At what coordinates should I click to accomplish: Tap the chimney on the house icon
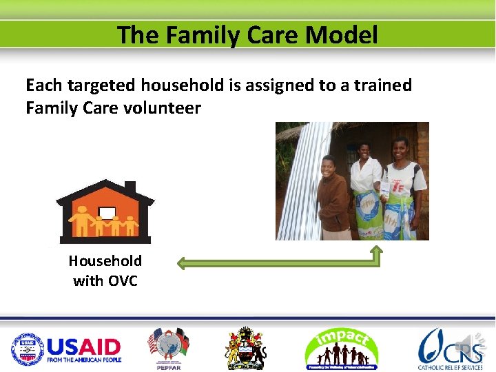tap(130, 188)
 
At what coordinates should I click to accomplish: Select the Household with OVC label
tap(105, 271)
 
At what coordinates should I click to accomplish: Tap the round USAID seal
tap(28, 349)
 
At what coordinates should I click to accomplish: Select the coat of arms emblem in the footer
tap(246, 349)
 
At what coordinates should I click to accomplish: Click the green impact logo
tap(341, 349)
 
